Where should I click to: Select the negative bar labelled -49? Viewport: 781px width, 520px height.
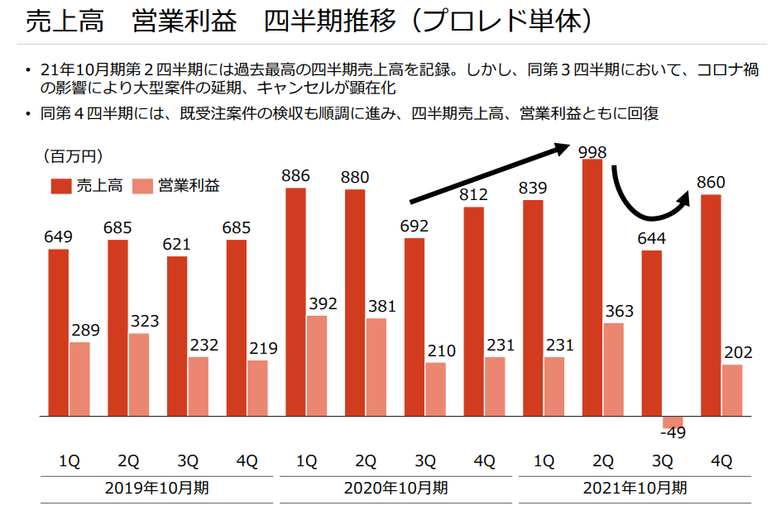[673, 420]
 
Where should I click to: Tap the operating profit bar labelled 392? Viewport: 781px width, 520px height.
[316, 365]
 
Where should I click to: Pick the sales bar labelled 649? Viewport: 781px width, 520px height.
[58, 332]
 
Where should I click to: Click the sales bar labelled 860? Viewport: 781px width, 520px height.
[711, 304]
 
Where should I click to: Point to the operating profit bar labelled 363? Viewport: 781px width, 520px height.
[613, 369]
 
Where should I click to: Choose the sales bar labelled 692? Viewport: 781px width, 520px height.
[414, 327]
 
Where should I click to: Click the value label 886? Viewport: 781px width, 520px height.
[295, 176]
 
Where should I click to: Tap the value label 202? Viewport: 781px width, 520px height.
[736, 353]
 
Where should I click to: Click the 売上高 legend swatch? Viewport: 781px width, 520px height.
[59, 185]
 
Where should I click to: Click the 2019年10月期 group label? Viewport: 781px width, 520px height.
[157, 488]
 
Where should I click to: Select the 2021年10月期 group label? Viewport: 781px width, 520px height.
[635, 488]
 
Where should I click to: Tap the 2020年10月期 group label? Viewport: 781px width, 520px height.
[395, 488]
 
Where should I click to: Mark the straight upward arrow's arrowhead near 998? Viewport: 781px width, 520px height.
[562, 148]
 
